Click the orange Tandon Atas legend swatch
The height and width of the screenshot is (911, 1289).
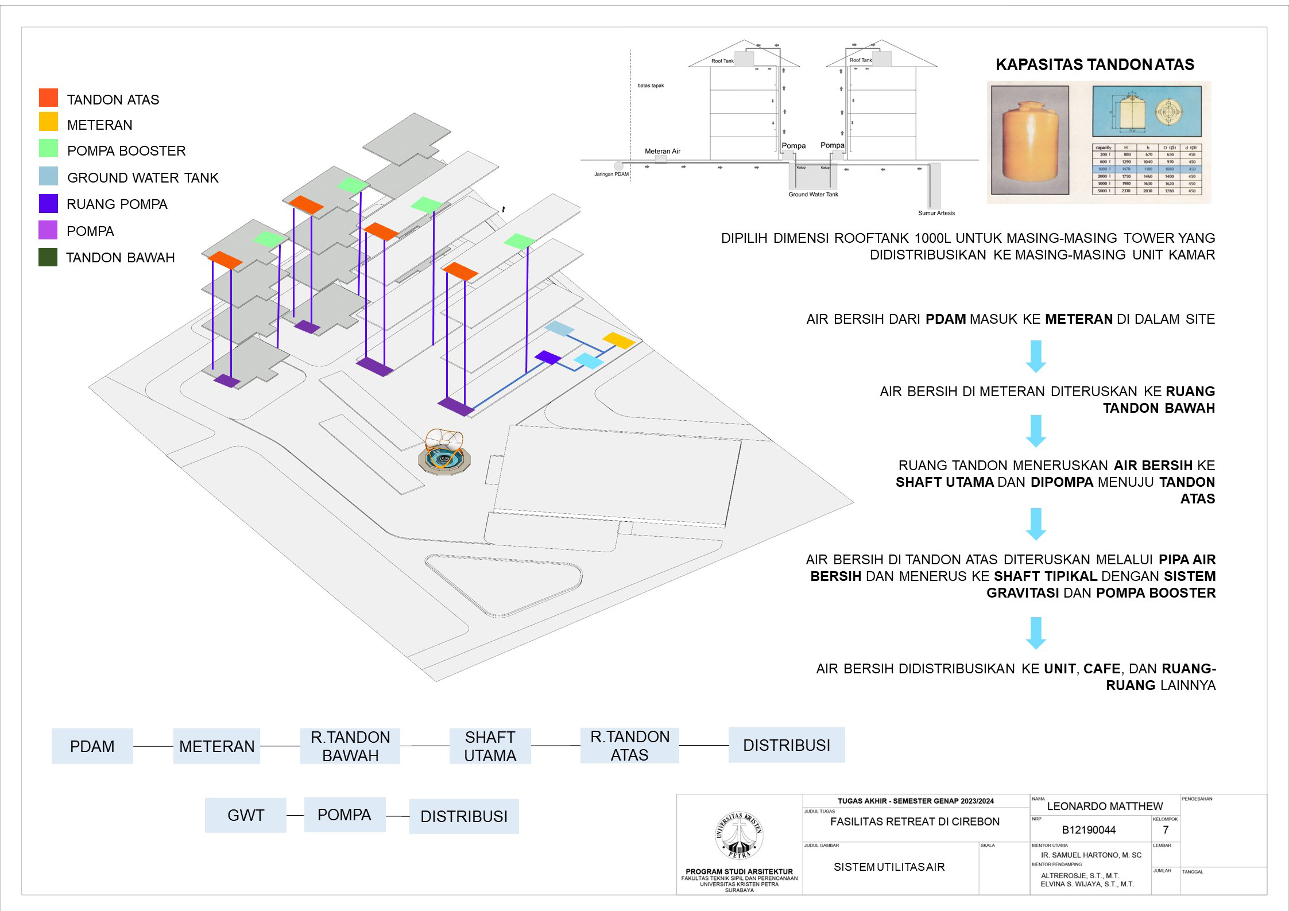(48, 98)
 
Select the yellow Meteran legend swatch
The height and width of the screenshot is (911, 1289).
(48, 122)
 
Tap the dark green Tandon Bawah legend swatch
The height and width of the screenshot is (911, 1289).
(48, 257)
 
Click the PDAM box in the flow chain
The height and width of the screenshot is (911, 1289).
(92, 746)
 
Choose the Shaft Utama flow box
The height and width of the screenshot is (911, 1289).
(490, 746)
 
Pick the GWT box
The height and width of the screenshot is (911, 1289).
(245, 815)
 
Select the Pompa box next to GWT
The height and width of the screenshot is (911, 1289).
(344, 815)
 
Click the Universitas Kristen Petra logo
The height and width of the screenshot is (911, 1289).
(740, 836)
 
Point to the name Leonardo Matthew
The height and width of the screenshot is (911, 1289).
(1105, 806)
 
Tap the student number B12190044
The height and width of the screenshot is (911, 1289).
(1089, 830)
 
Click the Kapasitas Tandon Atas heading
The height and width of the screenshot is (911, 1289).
(1094, 64)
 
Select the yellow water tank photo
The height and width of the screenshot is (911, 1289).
(1030, 141)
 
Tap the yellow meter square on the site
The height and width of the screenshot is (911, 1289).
(618, 340)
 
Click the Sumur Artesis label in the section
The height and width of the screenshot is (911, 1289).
(936, 213)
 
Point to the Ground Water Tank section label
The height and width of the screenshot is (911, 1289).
(813, 195)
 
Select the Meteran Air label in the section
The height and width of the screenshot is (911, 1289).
(662, 151)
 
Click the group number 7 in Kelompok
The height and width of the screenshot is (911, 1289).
(1166, 830)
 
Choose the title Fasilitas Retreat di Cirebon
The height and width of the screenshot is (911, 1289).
(915, 821)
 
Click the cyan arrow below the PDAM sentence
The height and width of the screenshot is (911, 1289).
(1036, 356)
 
